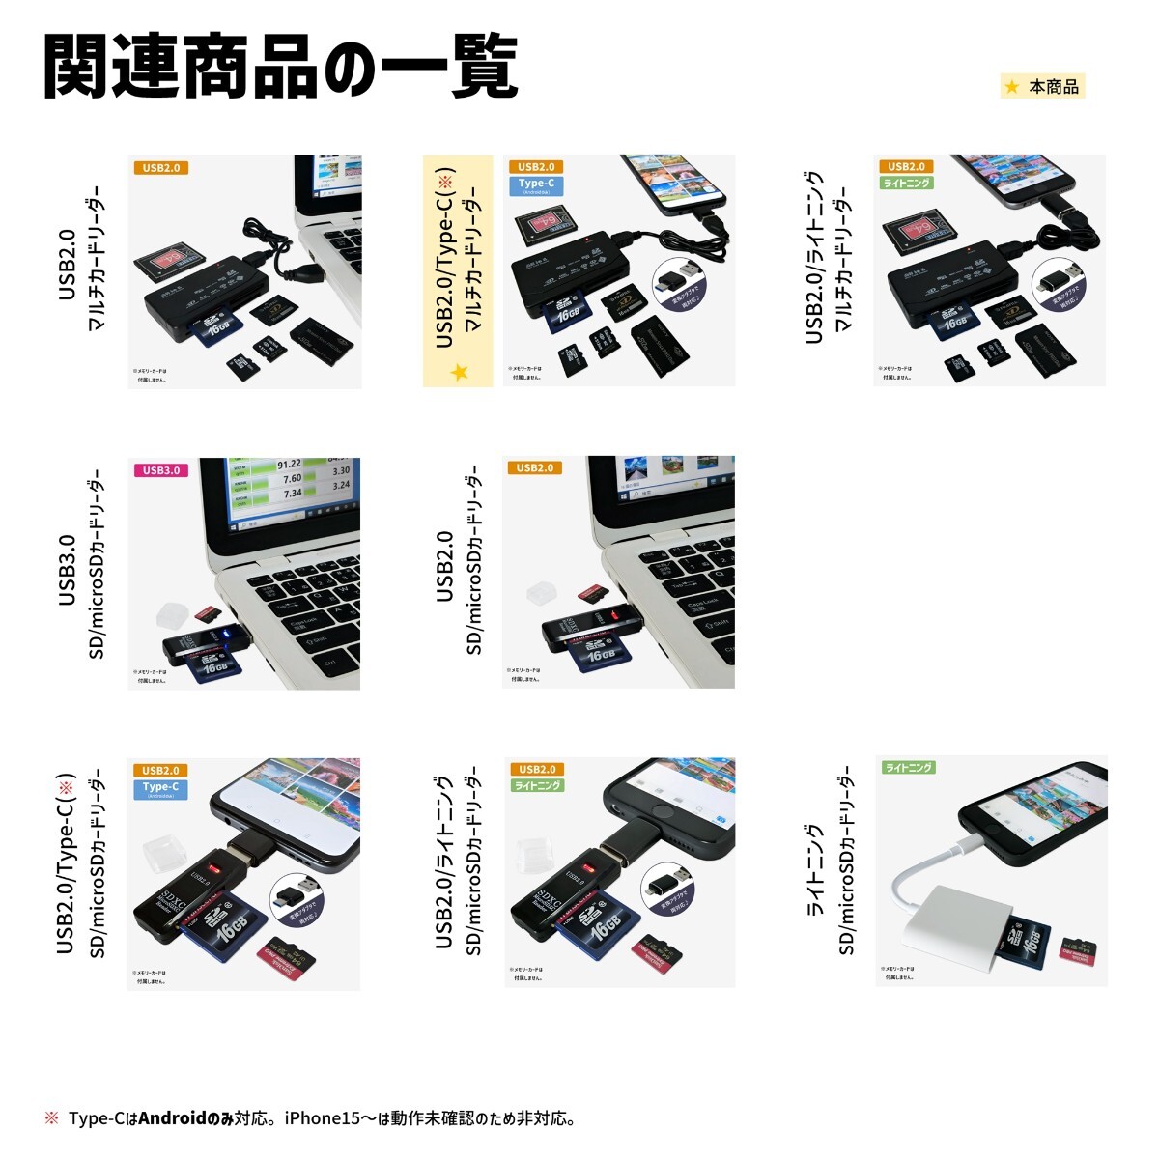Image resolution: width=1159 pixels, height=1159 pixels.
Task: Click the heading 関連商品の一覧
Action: (x=280, y=68)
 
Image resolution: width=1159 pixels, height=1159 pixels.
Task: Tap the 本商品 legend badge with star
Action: (x=1043, y=87)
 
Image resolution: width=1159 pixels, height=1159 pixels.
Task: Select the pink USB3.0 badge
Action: (x=161, y=470)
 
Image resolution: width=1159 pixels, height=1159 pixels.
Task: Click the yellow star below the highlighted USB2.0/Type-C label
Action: (x=459, y=372)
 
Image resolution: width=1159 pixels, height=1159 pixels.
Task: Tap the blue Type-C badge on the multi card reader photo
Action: (x=536, y=185)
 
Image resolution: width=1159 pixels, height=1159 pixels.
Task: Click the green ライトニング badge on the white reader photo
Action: (x=908, y=767)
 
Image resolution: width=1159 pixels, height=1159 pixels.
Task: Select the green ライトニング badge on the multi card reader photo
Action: (x=907, y=183)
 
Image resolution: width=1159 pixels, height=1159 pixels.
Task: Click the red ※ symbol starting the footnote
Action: (x=51, y=1118)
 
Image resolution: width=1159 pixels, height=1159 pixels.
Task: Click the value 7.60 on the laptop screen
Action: (x=291, y=478)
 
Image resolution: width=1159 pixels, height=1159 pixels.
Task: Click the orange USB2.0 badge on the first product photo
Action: (x=160, y=168)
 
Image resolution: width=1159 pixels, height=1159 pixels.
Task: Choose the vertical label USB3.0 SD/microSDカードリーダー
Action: (x=82, y=570)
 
